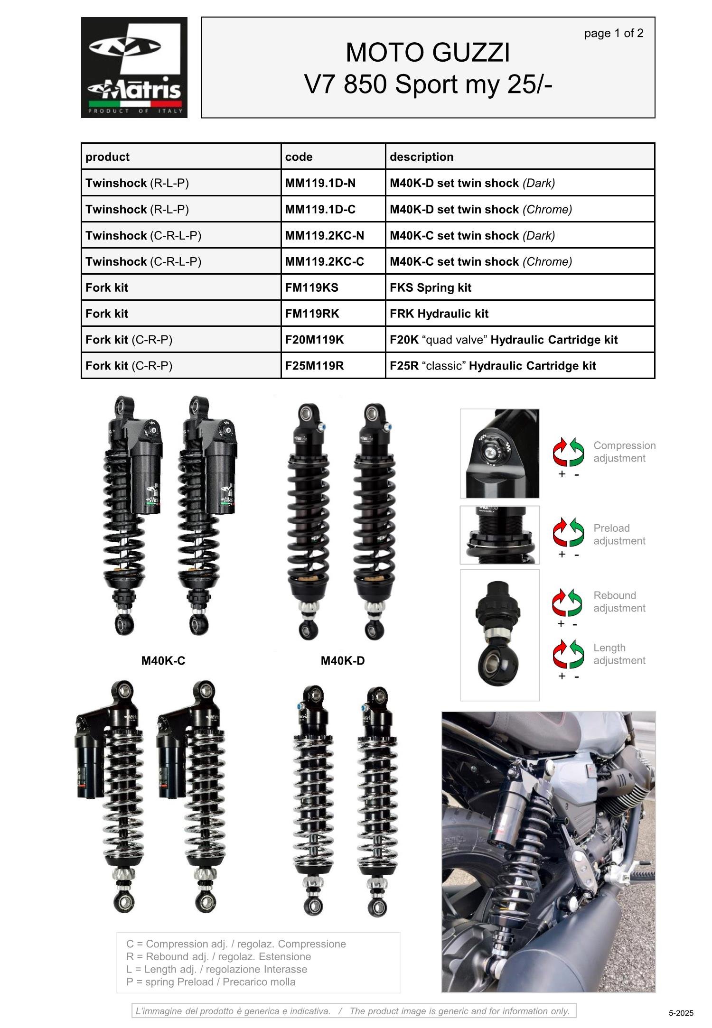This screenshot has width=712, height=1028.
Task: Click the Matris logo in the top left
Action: pyautogui.click(x=134, y=67)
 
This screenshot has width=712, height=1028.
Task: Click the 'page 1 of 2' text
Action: pyautogui.click(x=614, y=33)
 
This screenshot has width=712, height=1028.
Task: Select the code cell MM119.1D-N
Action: pyautogui.click(x=320, y=183)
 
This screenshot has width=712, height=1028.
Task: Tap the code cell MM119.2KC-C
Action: pyautogui.click(x=324, y=261)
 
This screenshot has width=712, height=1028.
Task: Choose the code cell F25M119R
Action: pyautogui.click(x=314, y=366)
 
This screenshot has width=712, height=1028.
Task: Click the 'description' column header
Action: pyautogui.click(x=422, y=157)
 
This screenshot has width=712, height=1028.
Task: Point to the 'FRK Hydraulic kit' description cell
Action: pyautogui.click(x=439, y=314)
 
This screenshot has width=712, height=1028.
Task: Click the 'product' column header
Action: pyautogui.click(x=107, y=157)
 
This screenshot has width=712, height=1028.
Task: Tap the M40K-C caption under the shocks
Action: pyautogui.click(x=163, y=660)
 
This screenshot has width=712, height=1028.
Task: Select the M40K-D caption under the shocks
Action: pyautogui.click(x=343, y=660)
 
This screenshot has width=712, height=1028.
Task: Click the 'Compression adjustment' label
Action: pyautogui.click(x=624, y=452)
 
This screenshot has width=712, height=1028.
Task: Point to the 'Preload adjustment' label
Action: pyautogui.click(x=619, y=534)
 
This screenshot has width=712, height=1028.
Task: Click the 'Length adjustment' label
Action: pyautogui.click(x=619, y=654)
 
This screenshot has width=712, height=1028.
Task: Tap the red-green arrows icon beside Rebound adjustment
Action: pyautogui.click(x=567, y=602)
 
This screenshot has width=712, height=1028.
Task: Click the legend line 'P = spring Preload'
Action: pyautogui.click(x=211, y=982)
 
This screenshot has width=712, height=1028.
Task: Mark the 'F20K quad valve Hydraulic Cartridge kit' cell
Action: pyautogui.click(x=504, y=340)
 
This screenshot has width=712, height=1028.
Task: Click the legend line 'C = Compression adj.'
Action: pyautogui.click(x=236, y=944)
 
